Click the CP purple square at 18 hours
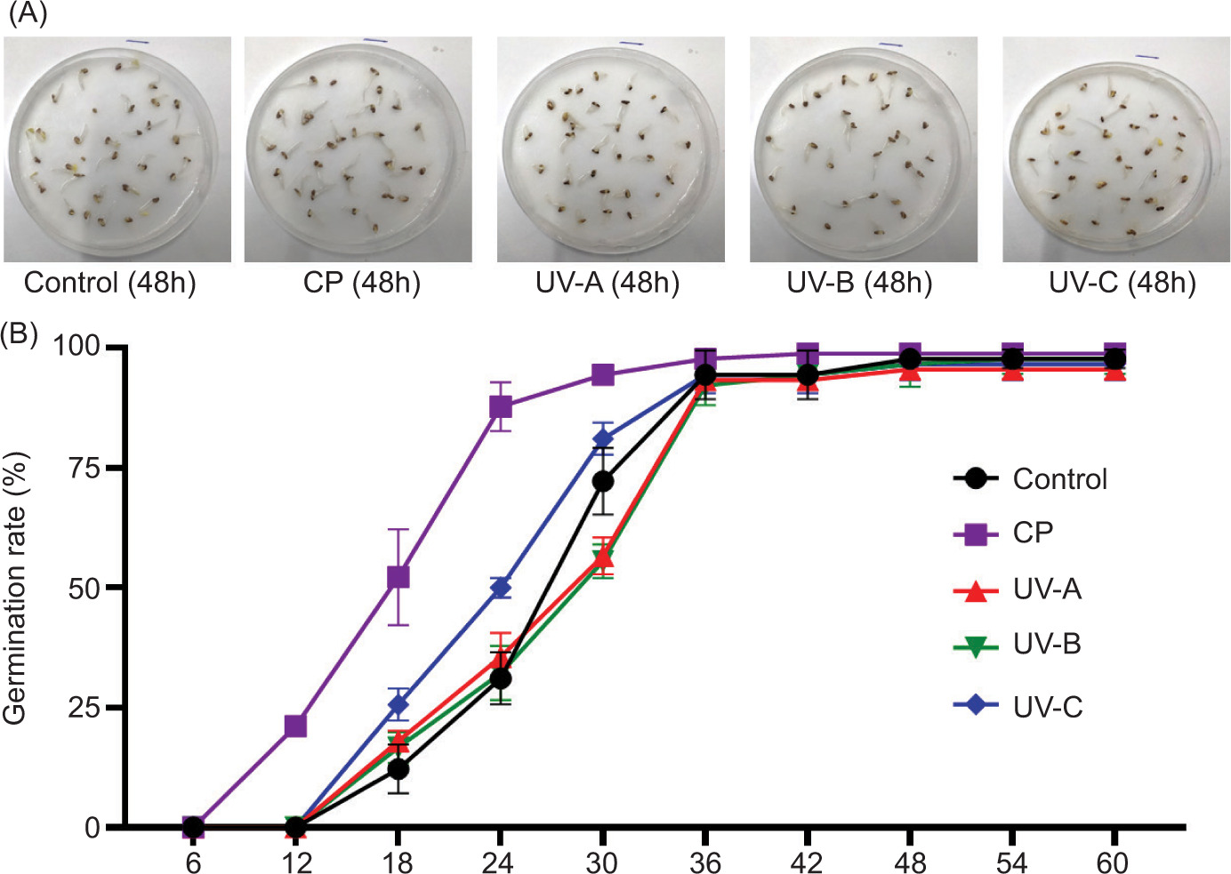coord(398,577)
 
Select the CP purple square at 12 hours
coord(295,726)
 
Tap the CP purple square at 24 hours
coord(501,406)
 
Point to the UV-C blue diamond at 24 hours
coord(501,587)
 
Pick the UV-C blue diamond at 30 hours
coord(603,438)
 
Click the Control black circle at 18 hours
coord(398,768)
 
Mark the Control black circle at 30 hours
coord(603,481)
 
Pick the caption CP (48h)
coord(361,283)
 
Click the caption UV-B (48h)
coord(859,283)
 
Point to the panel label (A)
coord(27,14)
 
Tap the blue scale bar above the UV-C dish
coord(1147,57)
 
